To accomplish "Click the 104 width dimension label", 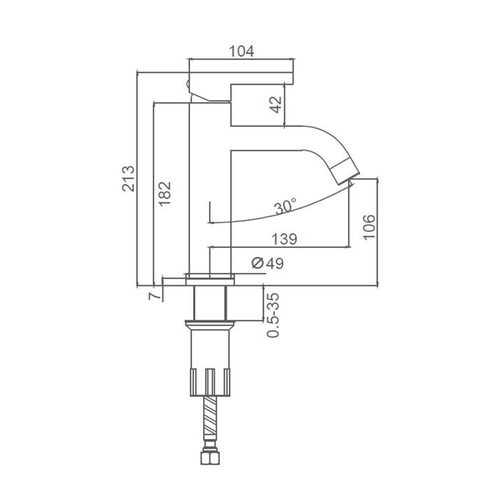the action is point(242,51).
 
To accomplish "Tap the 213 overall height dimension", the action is point(128,178).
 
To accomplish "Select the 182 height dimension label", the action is point(165,194).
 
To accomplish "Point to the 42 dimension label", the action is point(276,104).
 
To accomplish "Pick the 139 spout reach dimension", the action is point(284,239).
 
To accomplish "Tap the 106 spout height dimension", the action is point(369,227).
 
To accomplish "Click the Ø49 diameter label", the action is point(267,263).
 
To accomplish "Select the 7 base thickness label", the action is point(155,296).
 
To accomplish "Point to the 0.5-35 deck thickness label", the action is point(273,315).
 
